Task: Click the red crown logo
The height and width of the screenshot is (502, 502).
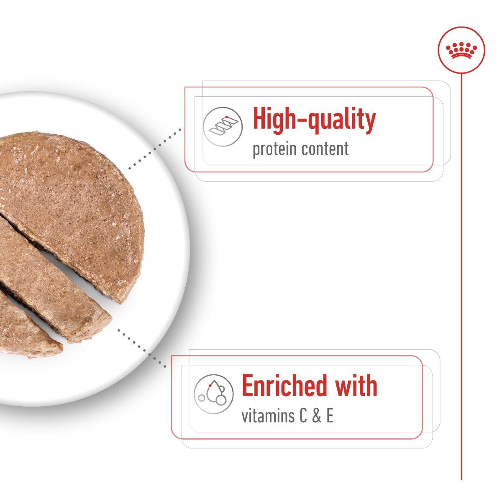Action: tap(461, 50)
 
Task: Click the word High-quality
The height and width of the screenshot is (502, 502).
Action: tap(314, 120)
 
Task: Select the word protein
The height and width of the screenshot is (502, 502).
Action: tap(274, 149)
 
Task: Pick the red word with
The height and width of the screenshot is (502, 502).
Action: tap(356, 386)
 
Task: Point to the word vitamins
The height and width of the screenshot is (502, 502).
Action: tap(268, 416)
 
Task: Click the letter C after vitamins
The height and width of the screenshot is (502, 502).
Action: tap(303, 416)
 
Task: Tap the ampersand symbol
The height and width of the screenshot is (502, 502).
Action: tap(317, 416)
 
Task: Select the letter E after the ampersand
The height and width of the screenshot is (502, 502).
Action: tap(330, 416)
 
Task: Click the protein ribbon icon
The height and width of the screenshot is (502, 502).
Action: tap(223, 127)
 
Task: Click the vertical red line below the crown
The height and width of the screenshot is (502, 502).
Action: tap(461, 272)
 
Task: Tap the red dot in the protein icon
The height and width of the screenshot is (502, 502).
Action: tap(226, 117)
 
